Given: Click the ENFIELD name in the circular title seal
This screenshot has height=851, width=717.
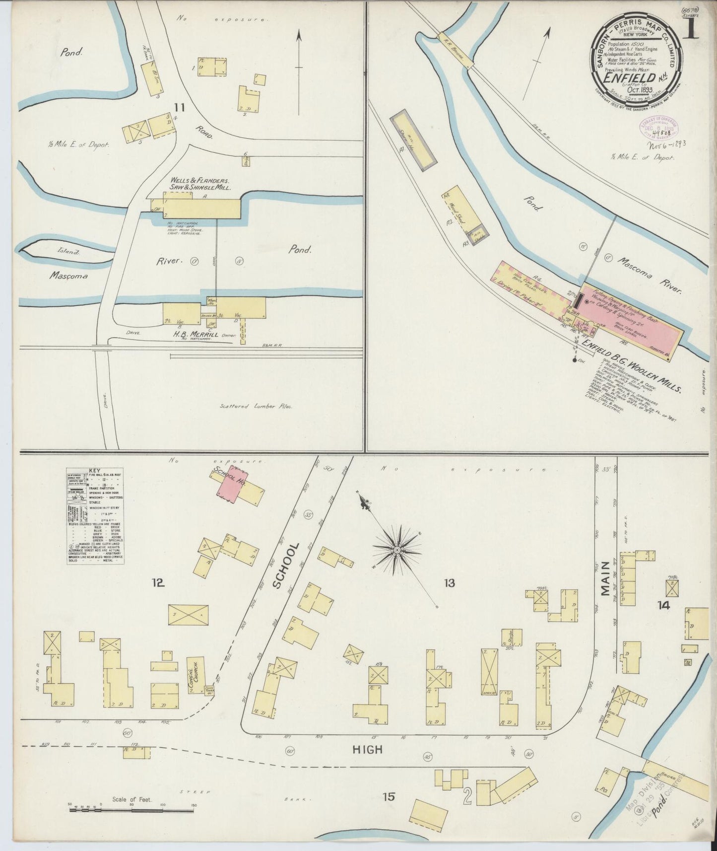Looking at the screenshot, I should tap(628, 77).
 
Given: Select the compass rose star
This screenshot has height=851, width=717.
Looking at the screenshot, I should tap(397, 550).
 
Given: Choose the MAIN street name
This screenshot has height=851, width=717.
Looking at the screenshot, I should tap(605, 578).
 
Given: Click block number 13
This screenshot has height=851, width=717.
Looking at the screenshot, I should tap(450, 583).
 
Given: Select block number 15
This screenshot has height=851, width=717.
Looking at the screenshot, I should tap(389, 797).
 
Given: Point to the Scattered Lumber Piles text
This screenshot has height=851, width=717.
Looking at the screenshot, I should tap(256, 406).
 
